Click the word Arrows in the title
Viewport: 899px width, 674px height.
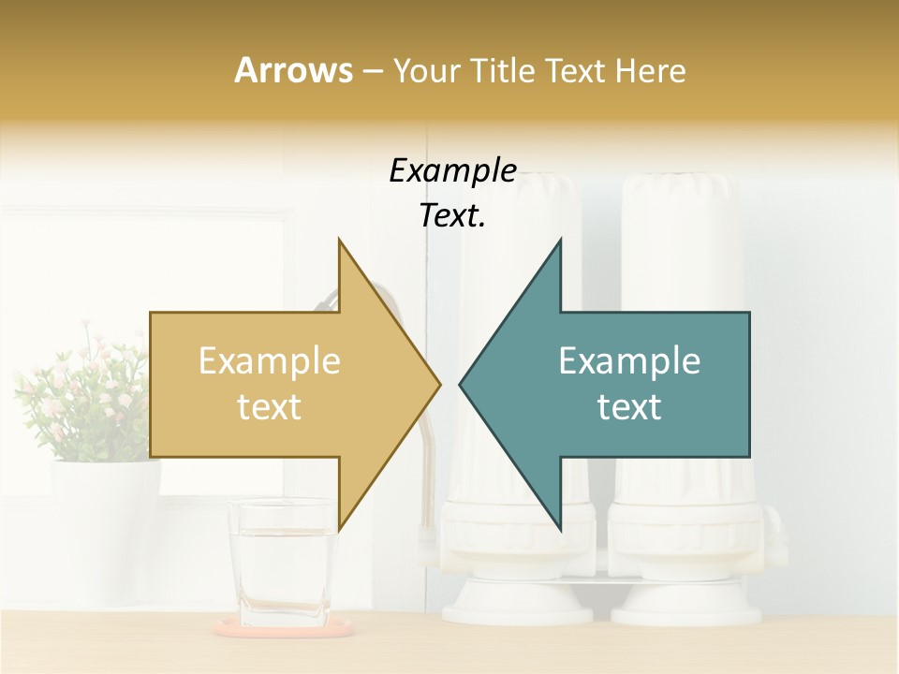pos(293,70)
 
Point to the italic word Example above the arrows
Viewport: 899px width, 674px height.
pos(452,170)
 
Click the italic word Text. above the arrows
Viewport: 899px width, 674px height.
pos(452,215)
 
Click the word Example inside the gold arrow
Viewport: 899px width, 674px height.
pos(270,361)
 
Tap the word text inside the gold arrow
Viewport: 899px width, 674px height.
pos(270,407)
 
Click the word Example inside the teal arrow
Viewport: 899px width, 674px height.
pos(629,361)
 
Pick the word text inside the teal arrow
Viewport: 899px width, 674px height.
pos(629,407)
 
